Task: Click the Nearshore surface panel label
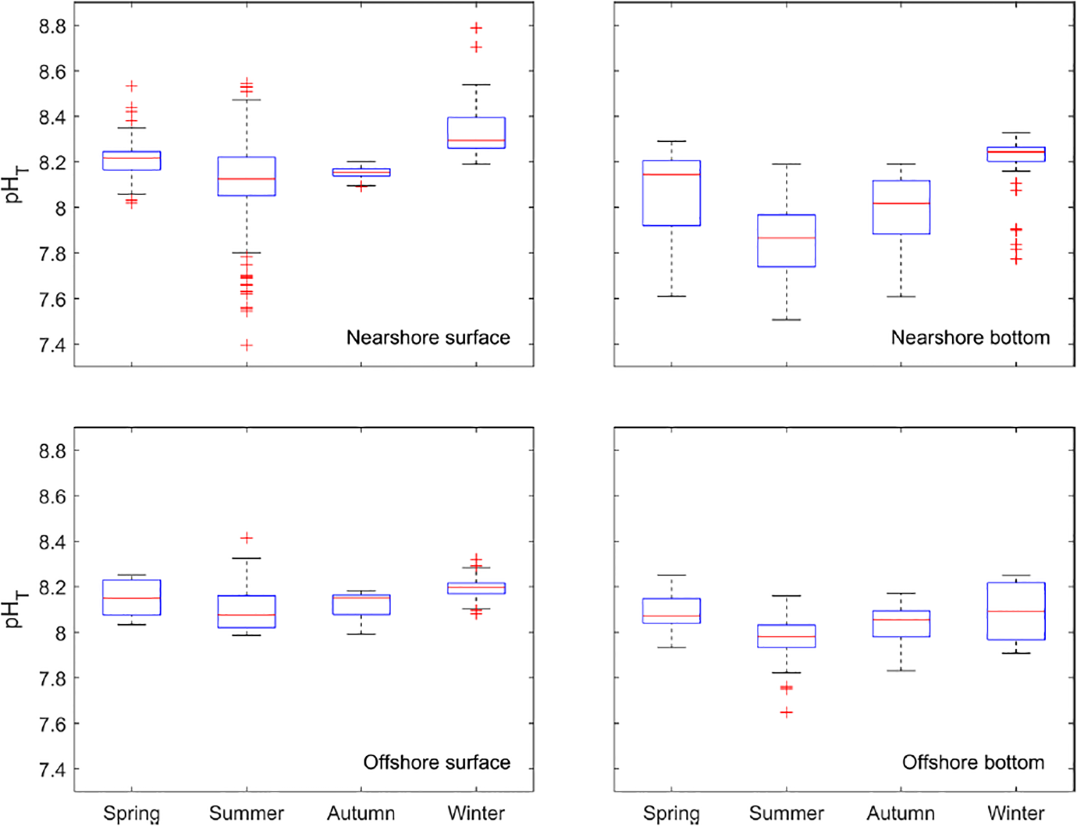(428, 338)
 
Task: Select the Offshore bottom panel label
(973, 762)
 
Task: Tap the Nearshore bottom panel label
(970, 338)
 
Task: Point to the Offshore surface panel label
(436, 762)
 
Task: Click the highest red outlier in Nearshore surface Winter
(476, 28)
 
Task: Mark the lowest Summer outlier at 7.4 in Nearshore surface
(246, 345)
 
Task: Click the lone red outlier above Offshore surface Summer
(246, 538)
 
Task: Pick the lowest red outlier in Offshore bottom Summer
(786, 712)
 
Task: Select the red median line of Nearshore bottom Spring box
(671, 174)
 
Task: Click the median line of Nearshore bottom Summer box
(786, 238)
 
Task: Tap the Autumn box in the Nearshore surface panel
(361, 172)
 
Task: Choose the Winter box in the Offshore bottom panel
(1016, 611)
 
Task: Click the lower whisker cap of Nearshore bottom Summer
(786, 320)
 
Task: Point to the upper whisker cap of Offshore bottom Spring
(671, 575)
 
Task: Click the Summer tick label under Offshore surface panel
(246, 813)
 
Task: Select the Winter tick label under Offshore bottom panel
(1016, 813)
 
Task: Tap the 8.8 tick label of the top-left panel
(52, 26)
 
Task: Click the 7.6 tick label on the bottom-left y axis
(52, 724)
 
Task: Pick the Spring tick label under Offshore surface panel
(131, 813)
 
